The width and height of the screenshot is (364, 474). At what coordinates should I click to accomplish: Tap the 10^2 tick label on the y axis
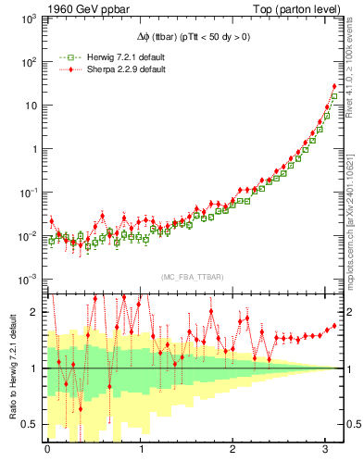[x=28, y=62]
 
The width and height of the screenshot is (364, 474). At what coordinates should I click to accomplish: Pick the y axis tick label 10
[x=31, y=106]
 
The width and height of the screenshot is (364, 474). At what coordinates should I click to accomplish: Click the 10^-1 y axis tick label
[x=28, y=193]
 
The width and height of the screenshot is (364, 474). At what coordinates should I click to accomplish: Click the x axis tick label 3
[x=327, y=451]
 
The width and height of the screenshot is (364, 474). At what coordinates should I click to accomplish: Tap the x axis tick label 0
[x=47, y=451]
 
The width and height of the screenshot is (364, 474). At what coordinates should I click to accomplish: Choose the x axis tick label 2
[x=233, y=451]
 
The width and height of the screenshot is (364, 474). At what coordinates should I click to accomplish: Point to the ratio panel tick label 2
[x=35, y=312]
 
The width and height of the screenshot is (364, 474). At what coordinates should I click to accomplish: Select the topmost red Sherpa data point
[x=333, y=87]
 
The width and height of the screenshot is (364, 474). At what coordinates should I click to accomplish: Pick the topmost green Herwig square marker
[x=333, y=96]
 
